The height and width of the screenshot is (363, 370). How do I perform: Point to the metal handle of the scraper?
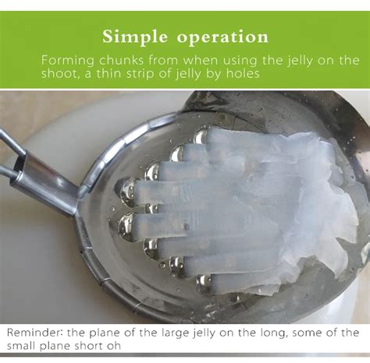point(31,167)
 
